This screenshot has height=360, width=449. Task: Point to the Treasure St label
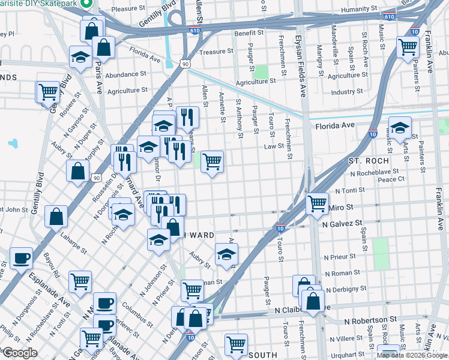216,52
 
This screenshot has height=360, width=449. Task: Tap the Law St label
274,146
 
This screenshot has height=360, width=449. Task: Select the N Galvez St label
342,223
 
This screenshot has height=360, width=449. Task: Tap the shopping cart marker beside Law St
212,161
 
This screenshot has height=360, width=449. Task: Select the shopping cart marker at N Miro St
317,203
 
